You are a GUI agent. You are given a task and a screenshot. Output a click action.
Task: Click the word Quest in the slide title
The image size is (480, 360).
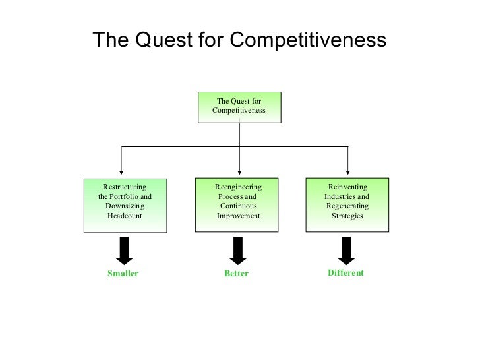pos(162,41)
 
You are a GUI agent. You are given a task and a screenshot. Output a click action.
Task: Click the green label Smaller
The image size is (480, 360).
pos(123,274)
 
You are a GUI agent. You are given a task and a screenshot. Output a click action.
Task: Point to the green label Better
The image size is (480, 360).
pos(236,274)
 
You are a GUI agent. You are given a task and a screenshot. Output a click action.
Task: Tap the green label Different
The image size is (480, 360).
pos(345,272)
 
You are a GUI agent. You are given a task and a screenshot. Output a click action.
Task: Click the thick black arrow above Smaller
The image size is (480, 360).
pos(124,250)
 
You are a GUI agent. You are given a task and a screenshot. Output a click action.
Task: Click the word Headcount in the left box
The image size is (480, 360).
pos(125,216)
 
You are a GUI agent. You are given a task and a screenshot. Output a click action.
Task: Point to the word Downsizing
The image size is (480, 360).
pos(125,206)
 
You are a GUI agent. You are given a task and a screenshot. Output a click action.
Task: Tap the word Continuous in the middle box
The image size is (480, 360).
pos(239,206)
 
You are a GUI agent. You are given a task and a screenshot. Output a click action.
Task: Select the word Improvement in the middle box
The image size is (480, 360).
pos(239,216)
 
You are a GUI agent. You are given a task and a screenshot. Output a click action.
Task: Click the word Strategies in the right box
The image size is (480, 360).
pos(347,216)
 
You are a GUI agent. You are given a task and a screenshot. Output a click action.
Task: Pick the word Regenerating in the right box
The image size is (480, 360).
pos(347,206)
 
